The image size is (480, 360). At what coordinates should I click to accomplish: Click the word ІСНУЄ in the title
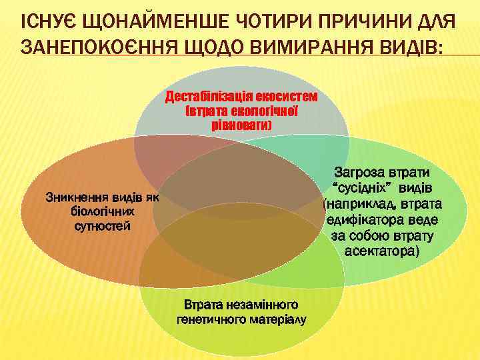(47, 25)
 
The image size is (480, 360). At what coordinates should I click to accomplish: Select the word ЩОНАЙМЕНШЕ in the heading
(153, 25)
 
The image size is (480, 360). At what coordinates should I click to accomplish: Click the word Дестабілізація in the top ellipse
(206, 97)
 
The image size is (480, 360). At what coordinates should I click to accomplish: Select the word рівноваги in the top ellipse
(240, 124)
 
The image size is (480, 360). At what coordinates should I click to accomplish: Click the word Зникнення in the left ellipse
(70, 198)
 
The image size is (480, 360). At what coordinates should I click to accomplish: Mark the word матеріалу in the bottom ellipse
(277, 319)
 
